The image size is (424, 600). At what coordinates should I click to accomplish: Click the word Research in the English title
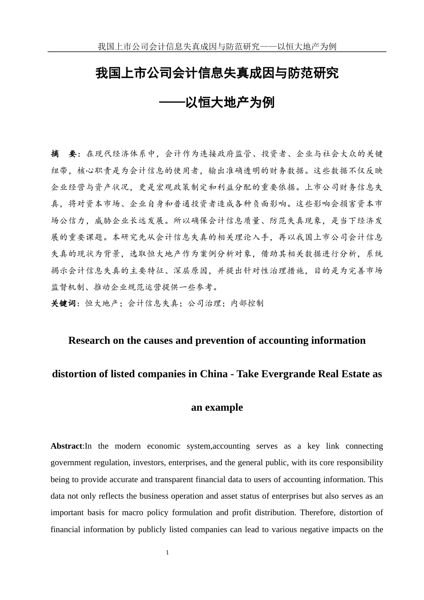[89, 341]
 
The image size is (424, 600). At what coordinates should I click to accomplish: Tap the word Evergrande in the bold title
[294, 374]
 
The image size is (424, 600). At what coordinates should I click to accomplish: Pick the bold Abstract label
[67, 446]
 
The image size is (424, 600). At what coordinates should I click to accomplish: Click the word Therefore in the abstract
[317, 513]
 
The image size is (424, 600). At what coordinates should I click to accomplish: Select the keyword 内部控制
[247, 304]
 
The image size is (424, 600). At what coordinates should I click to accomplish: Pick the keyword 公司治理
[204, 304]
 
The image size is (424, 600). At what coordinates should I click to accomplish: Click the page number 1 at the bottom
[167, 553]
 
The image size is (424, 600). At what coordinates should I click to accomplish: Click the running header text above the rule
[217, 46]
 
